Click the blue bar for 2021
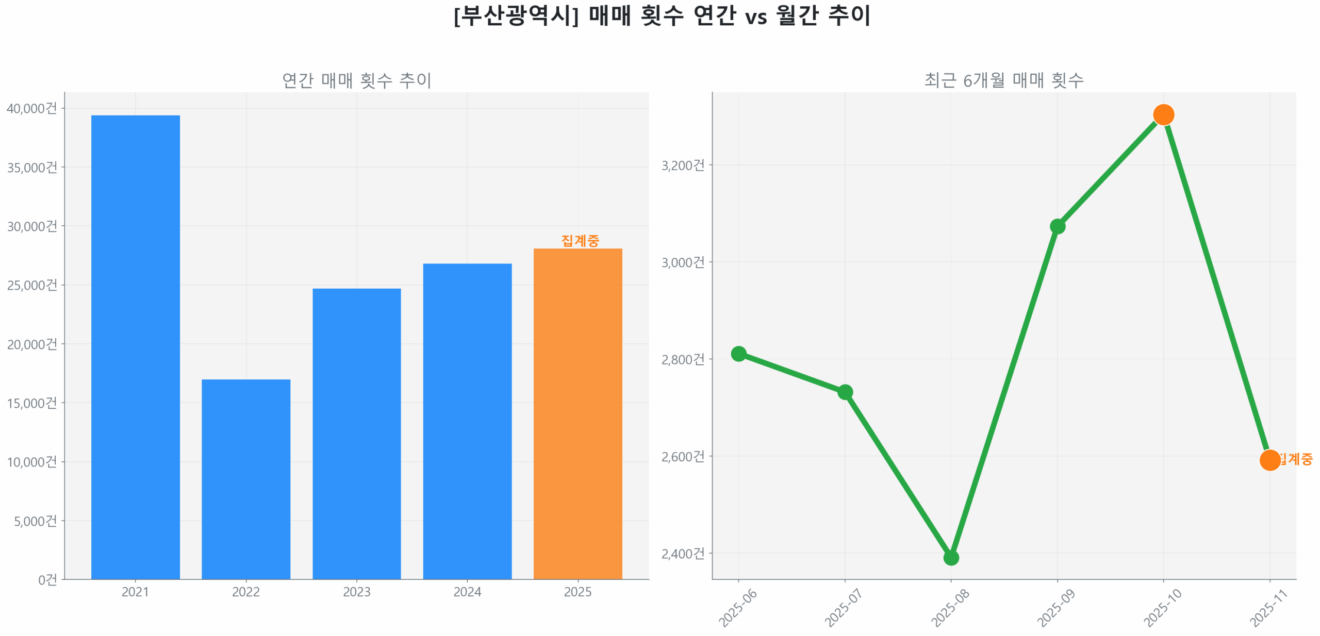click(135, 346)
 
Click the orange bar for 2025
click(577, 413)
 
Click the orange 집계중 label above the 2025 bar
click(580, 240)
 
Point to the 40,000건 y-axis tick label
click(31, 108)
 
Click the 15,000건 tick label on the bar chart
click(31, 403)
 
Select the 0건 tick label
click(47, 579)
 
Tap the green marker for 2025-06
click(738, 353)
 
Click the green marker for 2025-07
click(845, 392)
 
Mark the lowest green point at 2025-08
click(951, 557)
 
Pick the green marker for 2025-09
click(1057, 226)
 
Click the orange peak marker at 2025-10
click(1163, 114)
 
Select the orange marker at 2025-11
click(1269, 459)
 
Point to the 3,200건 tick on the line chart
click(683, 165)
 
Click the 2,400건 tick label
click(683, 553)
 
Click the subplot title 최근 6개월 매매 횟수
click(1003, 80)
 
